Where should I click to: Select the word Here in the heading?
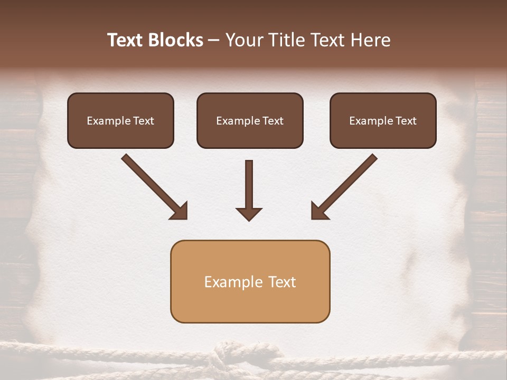click(x=371, y=40)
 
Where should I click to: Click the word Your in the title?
click(x=244, y=40)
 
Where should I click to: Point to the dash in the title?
click(x=214, y=41)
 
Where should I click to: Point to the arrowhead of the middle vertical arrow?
click(x=249, y=213)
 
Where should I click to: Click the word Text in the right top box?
click(x=406, y=121)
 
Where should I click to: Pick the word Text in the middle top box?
click(x=273, y=121)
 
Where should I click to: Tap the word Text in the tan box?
click(x=283, y=282)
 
